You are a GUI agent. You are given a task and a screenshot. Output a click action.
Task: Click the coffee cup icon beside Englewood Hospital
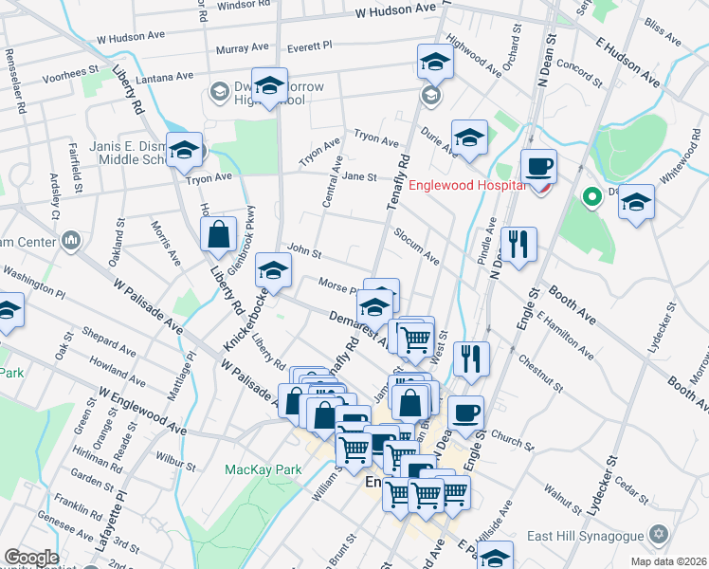click(x=539, y=167)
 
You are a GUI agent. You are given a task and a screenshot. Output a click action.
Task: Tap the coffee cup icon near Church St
click(x=465, y=413)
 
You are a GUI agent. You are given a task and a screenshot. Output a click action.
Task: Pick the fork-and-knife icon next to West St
click(x=471, y=358)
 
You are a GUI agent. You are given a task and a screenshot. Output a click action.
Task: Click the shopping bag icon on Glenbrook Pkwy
click(x=219, y=235)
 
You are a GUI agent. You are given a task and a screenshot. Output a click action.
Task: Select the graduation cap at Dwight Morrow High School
click(x=269, y=85)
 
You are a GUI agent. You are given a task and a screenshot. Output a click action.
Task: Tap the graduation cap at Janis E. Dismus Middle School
click(x=184, y=150)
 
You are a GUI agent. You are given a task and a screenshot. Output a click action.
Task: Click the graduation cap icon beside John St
click(x=274, y=272)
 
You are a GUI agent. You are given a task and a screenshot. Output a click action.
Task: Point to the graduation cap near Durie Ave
click(x=469, y=138)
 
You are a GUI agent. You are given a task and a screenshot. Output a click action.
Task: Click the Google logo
click(x=30, y=558)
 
